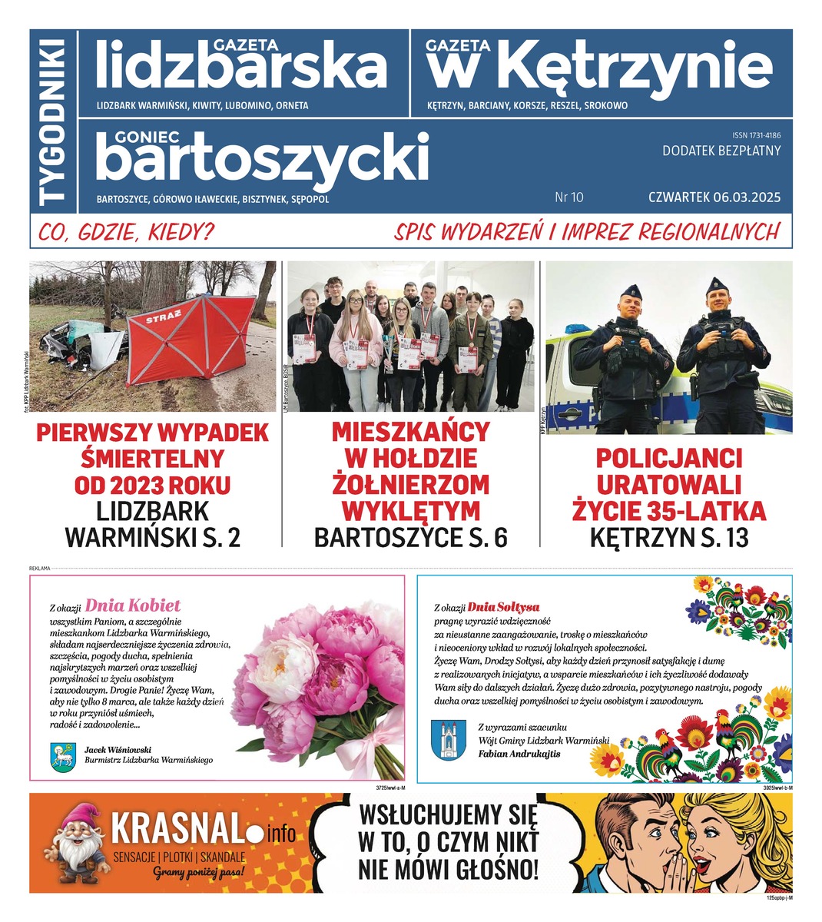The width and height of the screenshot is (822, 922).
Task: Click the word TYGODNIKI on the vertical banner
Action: tap(54, 121)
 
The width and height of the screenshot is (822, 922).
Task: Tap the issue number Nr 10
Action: tap(568, 197)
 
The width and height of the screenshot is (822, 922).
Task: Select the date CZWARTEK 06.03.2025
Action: tap(714, 197)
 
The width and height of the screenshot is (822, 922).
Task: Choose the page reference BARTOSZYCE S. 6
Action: tap(411, 538)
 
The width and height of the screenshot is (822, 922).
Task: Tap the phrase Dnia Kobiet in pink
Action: tap(133, 605)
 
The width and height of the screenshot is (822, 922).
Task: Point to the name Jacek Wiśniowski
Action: tap(118, 748)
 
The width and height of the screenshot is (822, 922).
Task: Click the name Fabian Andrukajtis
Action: tap(519, 754)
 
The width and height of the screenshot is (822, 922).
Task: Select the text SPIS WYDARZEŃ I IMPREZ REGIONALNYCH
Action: tap(587, 231)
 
